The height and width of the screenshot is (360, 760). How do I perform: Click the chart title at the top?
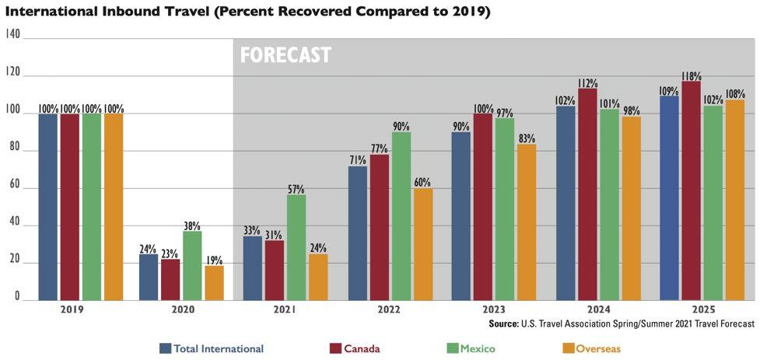click(x=247, y=12)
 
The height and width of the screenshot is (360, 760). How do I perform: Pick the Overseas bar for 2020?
click(x=214, y=283)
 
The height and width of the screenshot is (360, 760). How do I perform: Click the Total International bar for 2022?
click(x=357, y=232)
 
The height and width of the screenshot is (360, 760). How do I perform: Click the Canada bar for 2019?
click(x=70, y=207)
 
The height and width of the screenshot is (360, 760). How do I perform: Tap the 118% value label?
click(x=691, y=76)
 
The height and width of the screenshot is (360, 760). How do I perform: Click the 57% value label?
click(x=296, y=189)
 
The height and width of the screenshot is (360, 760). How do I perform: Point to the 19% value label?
click(x=214, y=260)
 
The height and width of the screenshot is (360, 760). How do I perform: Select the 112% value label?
click(x=587, y=83)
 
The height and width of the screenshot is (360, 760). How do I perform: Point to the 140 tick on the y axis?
click(x=12, y=35)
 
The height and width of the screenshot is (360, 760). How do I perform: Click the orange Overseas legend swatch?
click(x=569, y=348)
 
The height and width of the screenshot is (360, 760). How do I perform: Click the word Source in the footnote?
click(x=503, y=323)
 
